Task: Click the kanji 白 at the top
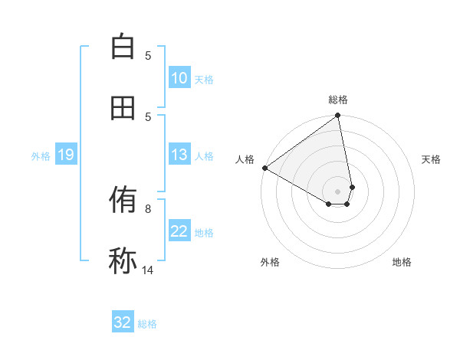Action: click(x=123, y=47)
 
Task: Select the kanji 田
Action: click(x=123, y=108)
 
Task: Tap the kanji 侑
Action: click(x=123, y=201)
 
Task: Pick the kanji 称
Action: click(x=123, y=261)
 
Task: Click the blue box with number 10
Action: click(x=179, y=78)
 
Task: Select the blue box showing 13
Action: click(x=179, y=155)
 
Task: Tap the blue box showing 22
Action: click(x=179, y=232)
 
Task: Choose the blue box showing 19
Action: click(x=65, y=155)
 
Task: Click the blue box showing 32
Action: click(x=123, y=322)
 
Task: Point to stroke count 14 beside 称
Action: click(x=148, y=270)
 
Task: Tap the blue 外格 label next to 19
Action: click(x=41, y=156)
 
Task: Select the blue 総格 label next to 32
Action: click(x=147, y=324)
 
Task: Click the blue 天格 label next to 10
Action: click(x=204, y=80)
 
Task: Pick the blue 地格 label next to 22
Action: click(x=204, y=233)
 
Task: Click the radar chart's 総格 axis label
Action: click(x=338, y=100)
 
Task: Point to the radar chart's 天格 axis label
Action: click(x=431, y=159)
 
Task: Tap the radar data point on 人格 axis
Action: click(x=264, y=168)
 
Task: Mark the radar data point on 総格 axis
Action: click(x=338, y=116)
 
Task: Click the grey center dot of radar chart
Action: click(x=338, y=191)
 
